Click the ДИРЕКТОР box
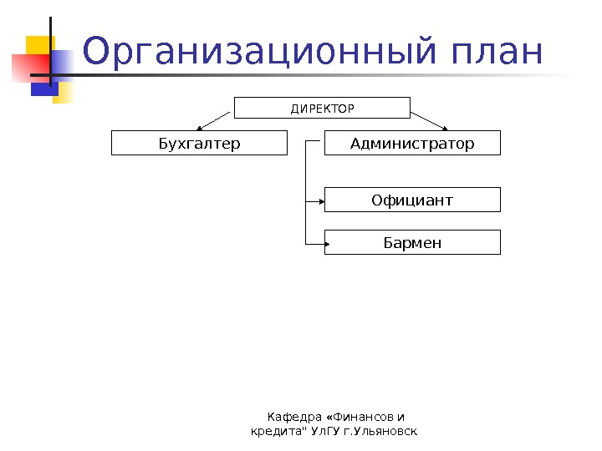click(x=322, y=109)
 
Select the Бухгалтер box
click(x=199, y=144)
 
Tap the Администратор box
click(x=412, y=144)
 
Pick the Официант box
click(x=412, y=200)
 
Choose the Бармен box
click(x=412, y=243)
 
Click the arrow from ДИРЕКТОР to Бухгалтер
click(x=212, y=121)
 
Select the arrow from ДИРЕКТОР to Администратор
click(x=431, y=121)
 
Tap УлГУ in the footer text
click(x=324, y=431)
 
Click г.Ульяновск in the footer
click(x=380, y=431)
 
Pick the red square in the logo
click(x=27, y=66)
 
